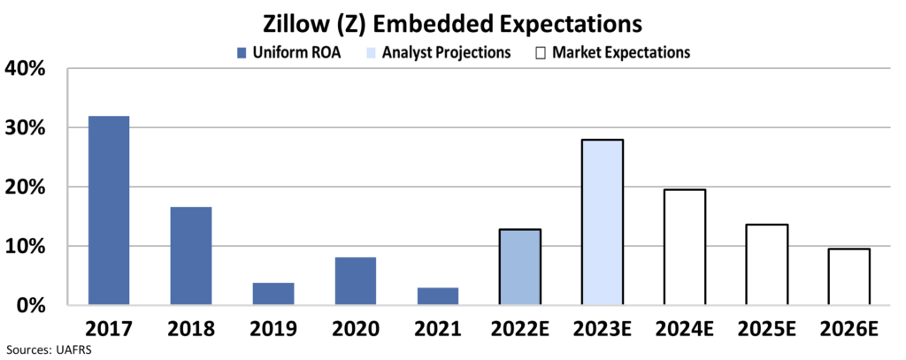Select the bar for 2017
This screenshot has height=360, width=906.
[x=108, y=211]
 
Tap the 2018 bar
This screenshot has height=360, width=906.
[x=190, y=256]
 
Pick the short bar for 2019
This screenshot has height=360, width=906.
[x=273, y=294]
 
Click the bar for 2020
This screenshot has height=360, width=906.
[x=355, y=281]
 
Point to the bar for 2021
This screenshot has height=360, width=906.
[x=437, y=296]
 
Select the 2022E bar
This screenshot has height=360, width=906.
[x=520, y=267]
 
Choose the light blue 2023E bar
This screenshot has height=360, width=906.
[x=603, y=222]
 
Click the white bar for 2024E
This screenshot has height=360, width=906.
[x=685, y=248]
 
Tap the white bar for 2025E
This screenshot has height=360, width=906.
[x=767, y=264]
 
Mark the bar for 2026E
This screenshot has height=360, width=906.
[x=849, y=277]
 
